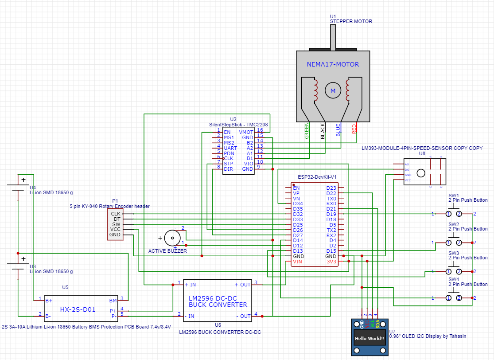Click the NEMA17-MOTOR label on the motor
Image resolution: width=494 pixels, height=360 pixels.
333,64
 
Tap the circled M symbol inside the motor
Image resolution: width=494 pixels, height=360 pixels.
331,91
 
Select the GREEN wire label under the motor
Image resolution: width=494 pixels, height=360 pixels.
307,132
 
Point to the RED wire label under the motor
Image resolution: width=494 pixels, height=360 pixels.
354,129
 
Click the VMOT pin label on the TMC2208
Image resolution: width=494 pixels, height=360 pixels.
246,132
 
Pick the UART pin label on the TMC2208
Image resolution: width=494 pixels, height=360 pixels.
230,148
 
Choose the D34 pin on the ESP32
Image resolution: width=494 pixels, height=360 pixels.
298,203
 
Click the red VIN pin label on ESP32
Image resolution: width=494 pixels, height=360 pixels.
297,262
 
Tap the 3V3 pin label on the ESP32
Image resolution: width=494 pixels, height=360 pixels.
331,262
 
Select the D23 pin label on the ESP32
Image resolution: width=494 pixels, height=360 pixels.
331,188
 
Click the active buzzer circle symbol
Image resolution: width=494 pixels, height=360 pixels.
171,238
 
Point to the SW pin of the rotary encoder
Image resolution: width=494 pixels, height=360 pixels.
116,224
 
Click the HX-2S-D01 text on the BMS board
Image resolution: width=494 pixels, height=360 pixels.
78,309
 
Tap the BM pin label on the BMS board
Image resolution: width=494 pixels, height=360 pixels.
113,300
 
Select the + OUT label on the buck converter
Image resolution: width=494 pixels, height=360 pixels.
242,285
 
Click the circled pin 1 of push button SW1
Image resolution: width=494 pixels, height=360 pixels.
449,214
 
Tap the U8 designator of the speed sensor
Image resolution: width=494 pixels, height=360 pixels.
422,153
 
